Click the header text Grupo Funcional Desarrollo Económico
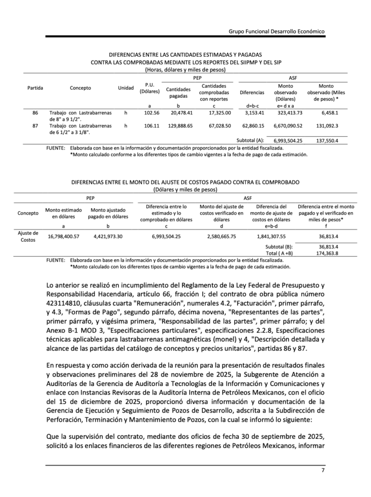tap(276, 31)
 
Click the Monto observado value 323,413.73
tap(289, 113)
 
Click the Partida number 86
tap(35, 113)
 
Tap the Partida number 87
tap(35, 126)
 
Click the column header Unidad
tap(126, 88)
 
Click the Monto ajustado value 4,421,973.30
tap(108, 236)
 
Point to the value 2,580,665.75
tap(221, 236)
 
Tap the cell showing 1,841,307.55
tap(271, 236)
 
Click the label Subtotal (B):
tap(279, 247)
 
